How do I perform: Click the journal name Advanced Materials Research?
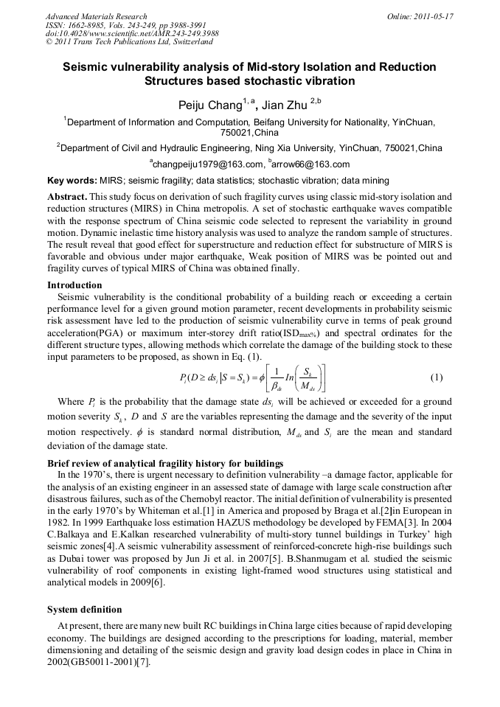tap(96, 16)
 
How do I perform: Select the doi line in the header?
tap(131, 34)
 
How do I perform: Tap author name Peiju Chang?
tap(210, 105)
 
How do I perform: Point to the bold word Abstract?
tap(67, 197)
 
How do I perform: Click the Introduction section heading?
tap(74, 285)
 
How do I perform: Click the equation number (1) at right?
tap(436, 377)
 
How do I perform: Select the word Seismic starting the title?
tap(84, 67)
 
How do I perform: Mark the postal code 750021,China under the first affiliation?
tap(249, 133)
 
